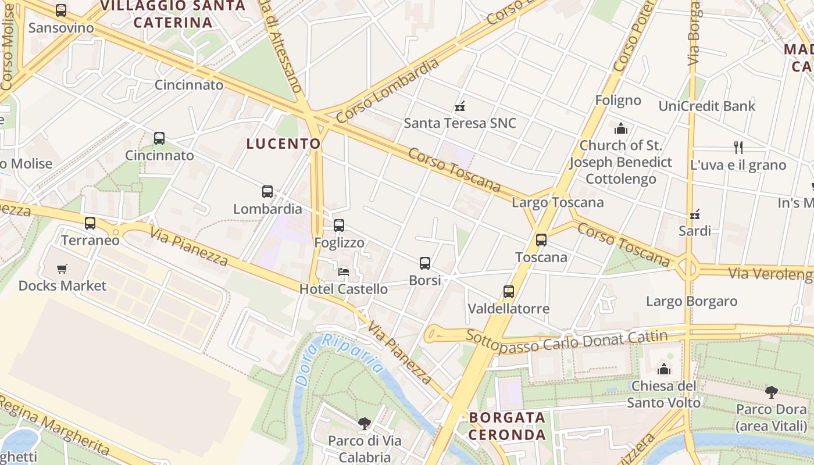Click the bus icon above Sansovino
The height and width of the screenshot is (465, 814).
click(x=61, y=10)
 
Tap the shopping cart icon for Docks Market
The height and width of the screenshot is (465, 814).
click(x=62, y=269)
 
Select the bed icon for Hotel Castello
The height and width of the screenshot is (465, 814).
click(x=344, y=271)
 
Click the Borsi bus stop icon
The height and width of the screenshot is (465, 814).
click(x=425, y=263)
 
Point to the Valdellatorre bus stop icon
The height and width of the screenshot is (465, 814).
click(x=509, y=291)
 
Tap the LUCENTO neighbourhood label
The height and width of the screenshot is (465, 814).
click(x=283, y=144)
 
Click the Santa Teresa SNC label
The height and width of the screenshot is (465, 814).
click(x=460, y=123)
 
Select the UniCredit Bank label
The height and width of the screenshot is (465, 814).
click(x=706, y=106)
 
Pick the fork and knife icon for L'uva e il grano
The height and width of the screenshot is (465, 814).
click(x=738, y=148)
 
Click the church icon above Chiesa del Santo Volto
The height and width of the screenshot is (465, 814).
click(x=664, y=369)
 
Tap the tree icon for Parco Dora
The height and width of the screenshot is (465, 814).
click(x=772, y=392)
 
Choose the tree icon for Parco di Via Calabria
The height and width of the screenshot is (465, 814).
click(x=365, y=424)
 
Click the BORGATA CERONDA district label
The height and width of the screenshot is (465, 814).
click(x=507, y=425)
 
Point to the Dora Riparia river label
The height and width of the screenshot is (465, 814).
click(x=340, y=360)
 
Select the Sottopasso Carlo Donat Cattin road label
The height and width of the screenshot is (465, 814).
click(x=567, y=341)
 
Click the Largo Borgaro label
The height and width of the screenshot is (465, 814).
click(x=692, y=301)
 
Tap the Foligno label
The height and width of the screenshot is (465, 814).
click(x=618, y=100)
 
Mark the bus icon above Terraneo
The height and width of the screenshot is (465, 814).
click(x=90, y=223)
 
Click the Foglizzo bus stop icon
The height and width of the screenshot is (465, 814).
click(x=339, y=226)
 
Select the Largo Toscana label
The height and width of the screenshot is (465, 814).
click(x=558, y=202)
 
